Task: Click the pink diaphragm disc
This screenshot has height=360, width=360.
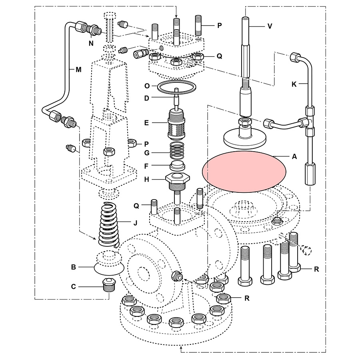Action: click(244, 172)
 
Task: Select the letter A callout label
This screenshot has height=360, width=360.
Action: click(294, 157)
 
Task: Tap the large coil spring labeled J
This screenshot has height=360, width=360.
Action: click(109, 224)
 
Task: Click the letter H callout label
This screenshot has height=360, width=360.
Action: click(146, 180)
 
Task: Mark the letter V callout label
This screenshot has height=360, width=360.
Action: click(270, 26)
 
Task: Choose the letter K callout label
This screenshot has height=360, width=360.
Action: click(295, 84)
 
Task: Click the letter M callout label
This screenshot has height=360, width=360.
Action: click(78, 69)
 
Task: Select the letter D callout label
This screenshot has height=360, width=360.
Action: click(146, 98)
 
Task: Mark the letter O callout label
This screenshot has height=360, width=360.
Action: click(146, 86)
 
